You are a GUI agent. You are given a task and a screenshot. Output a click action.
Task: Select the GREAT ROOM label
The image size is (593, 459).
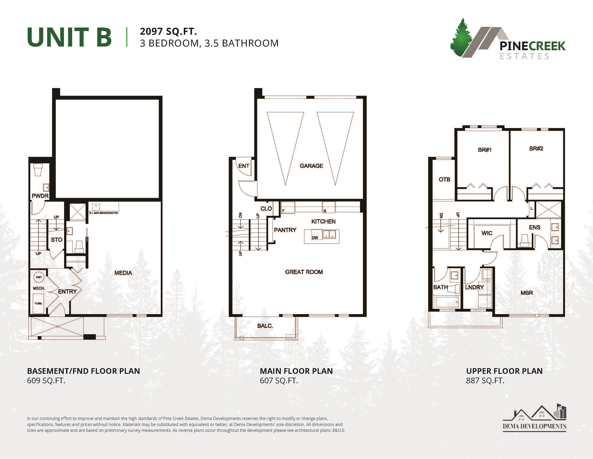pyautogui.click(x=304, y=272)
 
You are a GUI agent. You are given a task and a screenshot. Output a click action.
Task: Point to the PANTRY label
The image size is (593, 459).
pyautogui.click(x=285, y=230)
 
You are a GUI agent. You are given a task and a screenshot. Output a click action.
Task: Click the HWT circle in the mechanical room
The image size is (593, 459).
pyautogui.click(x=39, y=277)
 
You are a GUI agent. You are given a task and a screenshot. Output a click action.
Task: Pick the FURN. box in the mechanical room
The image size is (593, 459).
pyautogui.click(x=39, y=303)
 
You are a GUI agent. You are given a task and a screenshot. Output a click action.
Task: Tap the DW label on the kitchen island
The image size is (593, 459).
pyautogui.click(x=315, y=238)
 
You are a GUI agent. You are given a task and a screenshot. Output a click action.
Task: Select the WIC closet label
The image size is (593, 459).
pyautogui.click(x=487, y=233)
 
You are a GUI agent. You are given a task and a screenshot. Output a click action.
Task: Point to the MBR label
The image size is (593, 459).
pyautogui.click(x=527, y=293)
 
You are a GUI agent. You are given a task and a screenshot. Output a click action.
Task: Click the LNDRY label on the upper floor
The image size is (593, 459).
pyautogui.click(x=474, y=287)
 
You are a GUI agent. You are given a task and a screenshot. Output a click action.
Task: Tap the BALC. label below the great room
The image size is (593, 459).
pyautogui.click(x=265, y=326)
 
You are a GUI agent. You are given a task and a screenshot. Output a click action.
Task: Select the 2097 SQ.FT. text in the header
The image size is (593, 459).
pyautogui.click(x=168, y=31)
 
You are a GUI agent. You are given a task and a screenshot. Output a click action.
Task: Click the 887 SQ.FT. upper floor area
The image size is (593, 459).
pyautogui.click(x=485, y=381)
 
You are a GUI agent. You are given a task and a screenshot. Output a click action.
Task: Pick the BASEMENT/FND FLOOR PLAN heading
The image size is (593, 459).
pyautogui.click(x=83, y=371)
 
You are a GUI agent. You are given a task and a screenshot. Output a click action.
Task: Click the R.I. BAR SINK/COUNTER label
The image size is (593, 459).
pyautogui.click(x=103, y=213)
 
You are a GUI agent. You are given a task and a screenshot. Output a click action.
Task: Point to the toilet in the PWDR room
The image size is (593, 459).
pyautogui.click(x=38, y=170)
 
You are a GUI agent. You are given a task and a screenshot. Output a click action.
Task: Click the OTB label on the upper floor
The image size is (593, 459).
pyautogui.click(x=444, y=179)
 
